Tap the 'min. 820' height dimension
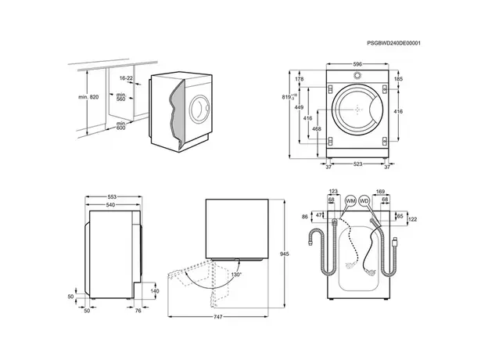[88, 95]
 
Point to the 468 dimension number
[317, 129]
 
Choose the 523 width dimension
[357, 165]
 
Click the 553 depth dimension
[112, 197]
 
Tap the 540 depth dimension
[112, 205]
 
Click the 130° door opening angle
[235, 275]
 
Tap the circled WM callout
[350, 201]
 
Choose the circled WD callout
[363, 201]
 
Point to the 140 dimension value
[153, 291]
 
